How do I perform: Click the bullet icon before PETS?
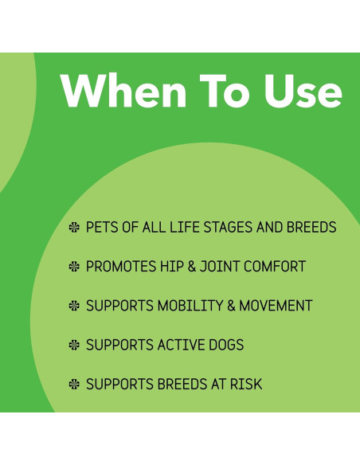click(x=75, y=228)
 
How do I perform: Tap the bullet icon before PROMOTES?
click(x=75, y=267)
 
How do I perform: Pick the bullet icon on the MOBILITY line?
click(x=75, y=306)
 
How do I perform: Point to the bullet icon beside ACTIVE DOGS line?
click(x=75, y=346)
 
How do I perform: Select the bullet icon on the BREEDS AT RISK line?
click(x=75, y=385)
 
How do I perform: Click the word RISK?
click(x=245, y=385)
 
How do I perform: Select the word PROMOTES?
click(x=120, y=267)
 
